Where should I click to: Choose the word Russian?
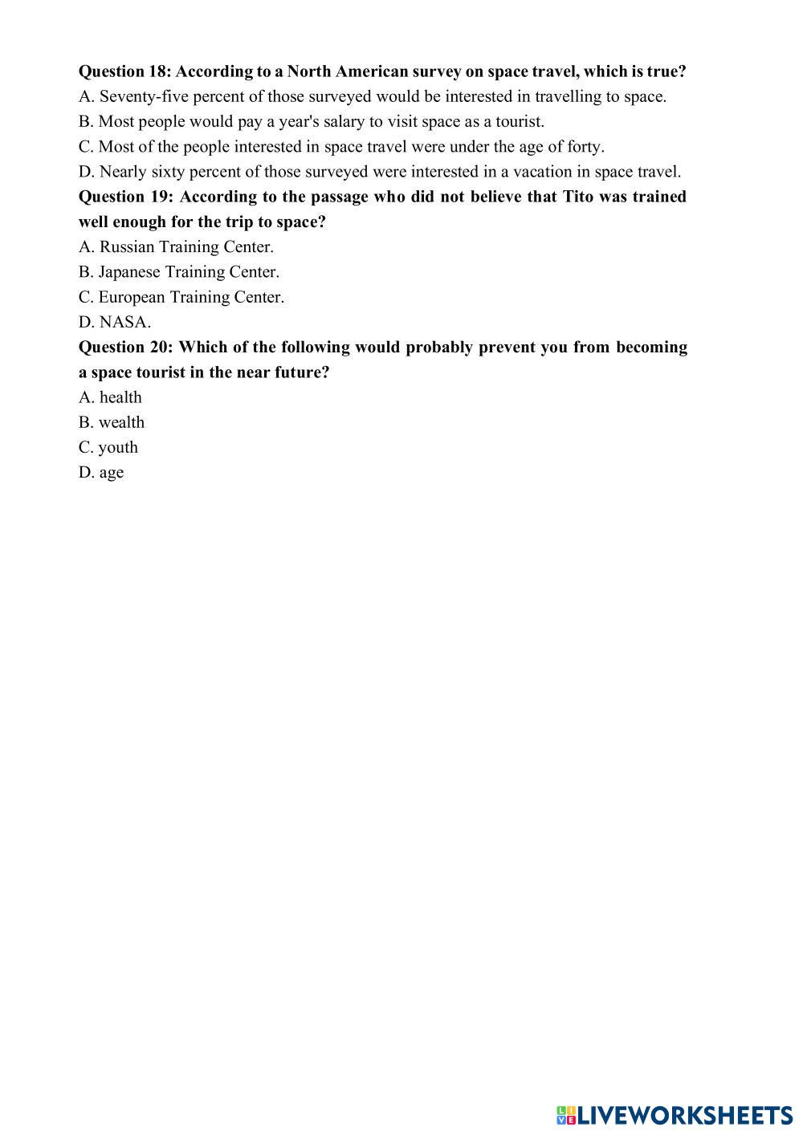[127, 247]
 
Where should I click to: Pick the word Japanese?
[129, 272]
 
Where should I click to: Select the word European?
[132, 297]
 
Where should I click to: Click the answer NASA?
[124, 323]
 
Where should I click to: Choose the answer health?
[120, 397]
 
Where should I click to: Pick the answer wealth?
[121, 422]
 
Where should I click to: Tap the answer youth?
[118, 448]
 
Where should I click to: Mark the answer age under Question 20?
[112, 473]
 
